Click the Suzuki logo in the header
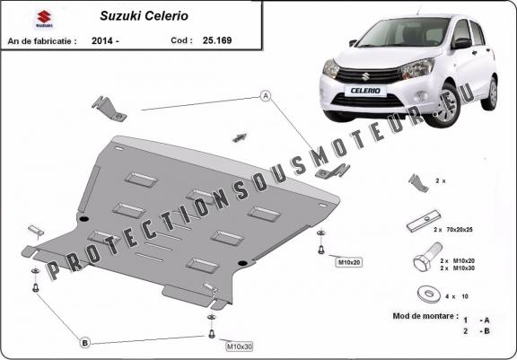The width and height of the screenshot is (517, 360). coord(44,19)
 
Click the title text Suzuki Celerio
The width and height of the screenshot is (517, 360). coord(145,16)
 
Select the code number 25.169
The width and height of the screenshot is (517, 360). coord(217,40)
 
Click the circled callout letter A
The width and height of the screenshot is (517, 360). coord(266,96)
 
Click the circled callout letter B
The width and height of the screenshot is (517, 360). coord(84,343)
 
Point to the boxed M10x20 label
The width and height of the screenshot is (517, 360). coord(348,262)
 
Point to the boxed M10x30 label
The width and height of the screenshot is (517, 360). coord(240,347)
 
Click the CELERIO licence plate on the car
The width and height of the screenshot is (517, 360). coord(365,91)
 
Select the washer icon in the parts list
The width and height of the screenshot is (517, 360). coord(429,294)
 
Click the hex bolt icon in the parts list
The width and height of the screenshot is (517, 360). coord(427,256)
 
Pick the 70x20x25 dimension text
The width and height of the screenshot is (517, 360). coord(460,230)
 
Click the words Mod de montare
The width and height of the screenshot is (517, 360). coord(425,316)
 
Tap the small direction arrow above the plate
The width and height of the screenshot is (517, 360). coord(240,137)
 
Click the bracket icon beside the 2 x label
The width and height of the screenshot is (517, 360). coord(418,183)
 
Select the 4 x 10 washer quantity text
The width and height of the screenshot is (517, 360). coord(457,296)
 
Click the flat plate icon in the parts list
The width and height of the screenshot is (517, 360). coord(424,221)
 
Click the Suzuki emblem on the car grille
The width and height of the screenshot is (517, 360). coord(365,76)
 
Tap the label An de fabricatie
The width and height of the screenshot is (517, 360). coord(42,41)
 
